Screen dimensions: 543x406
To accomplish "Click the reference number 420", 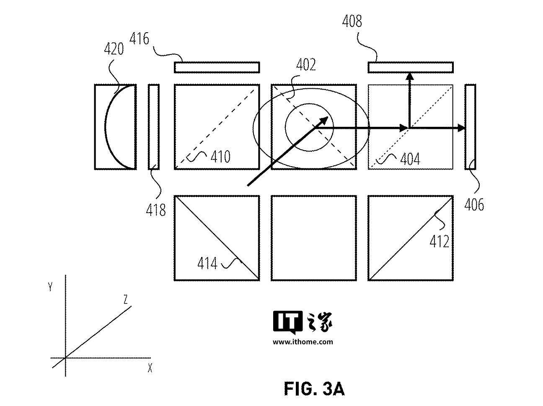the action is coord(114,49).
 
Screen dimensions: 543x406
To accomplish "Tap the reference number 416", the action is coord(139,39).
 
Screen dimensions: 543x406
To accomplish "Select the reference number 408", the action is coord(352,21).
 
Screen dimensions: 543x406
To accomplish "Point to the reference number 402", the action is coord(306,65).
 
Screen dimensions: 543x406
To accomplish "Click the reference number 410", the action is coord(220,157).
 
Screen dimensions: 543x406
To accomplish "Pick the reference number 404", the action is coord(410,159).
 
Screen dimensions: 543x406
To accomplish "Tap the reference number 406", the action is coord(474,205).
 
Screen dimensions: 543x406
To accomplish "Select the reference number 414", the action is coord(207,263).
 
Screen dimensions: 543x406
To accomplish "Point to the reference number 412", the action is coord(440,242).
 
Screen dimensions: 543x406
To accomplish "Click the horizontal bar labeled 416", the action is coord(217,67).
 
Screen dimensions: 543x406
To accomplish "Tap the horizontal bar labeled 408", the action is coord(411,67).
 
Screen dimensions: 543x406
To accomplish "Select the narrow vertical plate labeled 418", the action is coord(154,127).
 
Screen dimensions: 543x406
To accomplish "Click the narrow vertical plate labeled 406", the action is coord(470,127).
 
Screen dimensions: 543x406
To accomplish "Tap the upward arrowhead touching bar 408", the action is coord(410,76).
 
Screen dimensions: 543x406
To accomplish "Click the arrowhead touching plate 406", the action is coord(461,128).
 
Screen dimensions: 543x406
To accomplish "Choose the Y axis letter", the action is coord(50,287).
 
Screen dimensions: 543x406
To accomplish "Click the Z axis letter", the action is coord(126,300).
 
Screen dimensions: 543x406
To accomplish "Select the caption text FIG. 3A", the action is coord(314,389).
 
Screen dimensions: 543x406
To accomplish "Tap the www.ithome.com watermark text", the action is coord(303,342).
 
